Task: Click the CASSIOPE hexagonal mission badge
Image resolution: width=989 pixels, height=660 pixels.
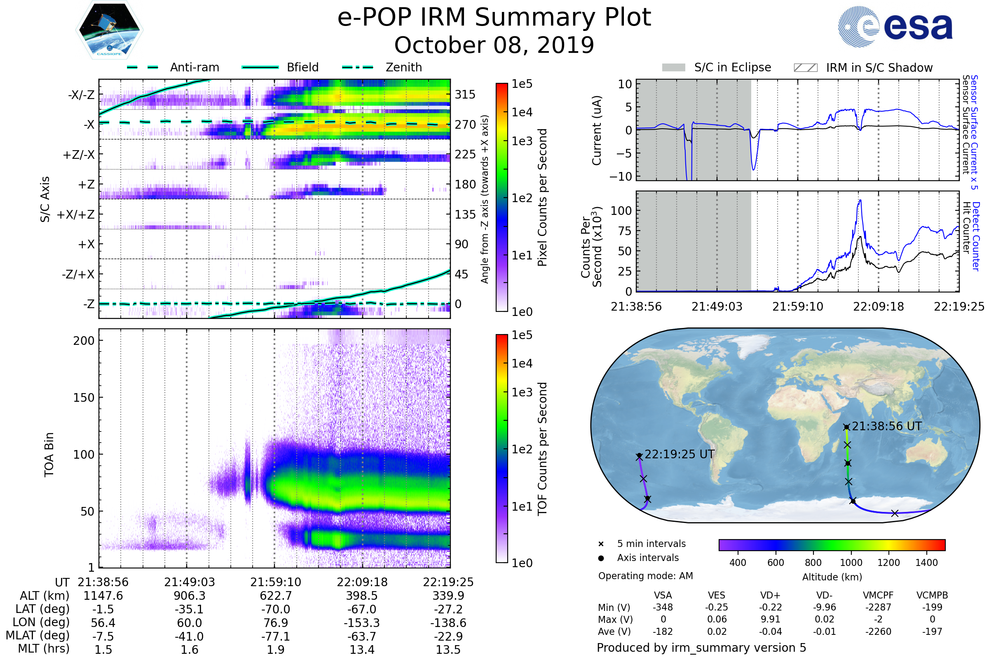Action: pos(109,30)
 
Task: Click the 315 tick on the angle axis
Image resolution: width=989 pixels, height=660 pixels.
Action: pos(465,95)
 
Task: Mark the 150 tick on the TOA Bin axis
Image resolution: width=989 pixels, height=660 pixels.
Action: pos(84,398)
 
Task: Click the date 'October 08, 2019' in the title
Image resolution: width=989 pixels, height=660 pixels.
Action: pos(494,45)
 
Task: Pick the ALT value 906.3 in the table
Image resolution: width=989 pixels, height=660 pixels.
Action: pos(190,596)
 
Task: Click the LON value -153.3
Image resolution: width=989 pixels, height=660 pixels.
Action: pos(362,623)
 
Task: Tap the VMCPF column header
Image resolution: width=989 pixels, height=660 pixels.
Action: pos(878,596)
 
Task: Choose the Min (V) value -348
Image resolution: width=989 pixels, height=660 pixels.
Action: pos(663,607)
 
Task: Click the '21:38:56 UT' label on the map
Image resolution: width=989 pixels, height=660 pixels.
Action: pos(886,427)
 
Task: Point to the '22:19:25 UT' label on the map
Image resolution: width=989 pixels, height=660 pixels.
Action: pos(679,454)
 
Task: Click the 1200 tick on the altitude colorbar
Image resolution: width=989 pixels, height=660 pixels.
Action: pos(888,563)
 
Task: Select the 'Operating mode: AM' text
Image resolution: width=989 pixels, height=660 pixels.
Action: pos(645,576)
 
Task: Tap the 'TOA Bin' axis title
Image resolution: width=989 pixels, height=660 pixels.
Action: pos(49,455)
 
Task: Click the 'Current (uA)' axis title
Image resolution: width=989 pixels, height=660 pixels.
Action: pos(597,130)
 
